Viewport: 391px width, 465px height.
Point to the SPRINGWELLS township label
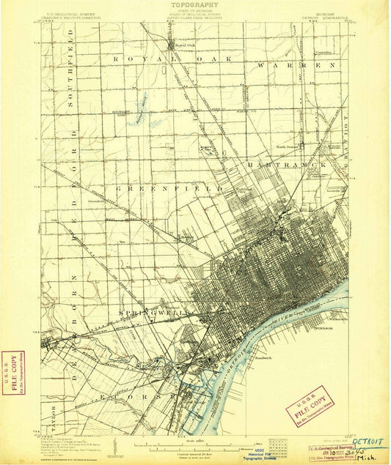[155, 313]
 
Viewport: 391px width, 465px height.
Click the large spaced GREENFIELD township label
[168, 188]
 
